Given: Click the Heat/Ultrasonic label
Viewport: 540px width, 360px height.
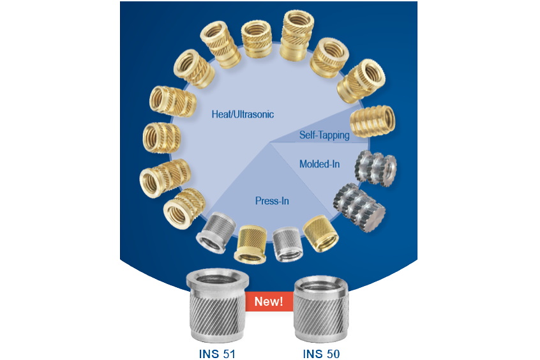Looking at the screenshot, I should (x=243, y=115).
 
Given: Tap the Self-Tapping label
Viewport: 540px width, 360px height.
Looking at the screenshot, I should (x=324, y=135).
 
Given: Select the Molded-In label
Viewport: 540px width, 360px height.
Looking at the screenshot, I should (x=319, y=165).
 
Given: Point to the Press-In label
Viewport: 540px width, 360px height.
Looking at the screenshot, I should (x=272, y=201).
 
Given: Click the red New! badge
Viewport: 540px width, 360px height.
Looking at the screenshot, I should (x=269, y=301).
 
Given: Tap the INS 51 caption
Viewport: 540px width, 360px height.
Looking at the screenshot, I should (x=216, y=352).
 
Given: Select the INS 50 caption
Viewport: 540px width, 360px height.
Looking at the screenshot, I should (x=321, y=352).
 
